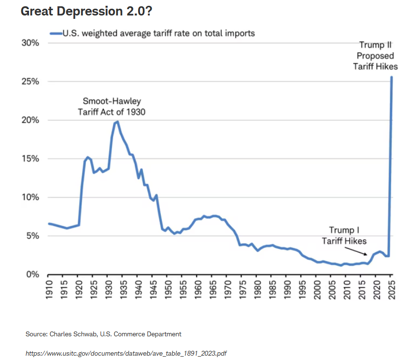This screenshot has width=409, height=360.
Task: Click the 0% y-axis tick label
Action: pyautogui.click(x=31, y=274)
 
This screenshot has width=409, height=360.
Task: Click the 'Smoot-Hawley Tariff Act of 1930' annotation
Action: pyautogui.click(x=112, y=107)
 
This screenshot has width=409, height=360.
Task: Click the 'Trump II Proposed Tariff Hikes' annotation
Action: pyautogui.click(x=375, y=56)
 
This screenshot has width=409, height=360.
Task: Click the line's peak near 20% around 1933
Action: pyautogui.click(x=117, y=122)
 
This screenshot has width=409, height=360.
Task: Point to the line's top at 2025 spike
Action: pyautogui.click(x=391, y=77)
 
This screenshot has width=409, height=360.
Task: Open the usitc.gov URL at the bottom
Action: pyautogui.click(x=126, y=353)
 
